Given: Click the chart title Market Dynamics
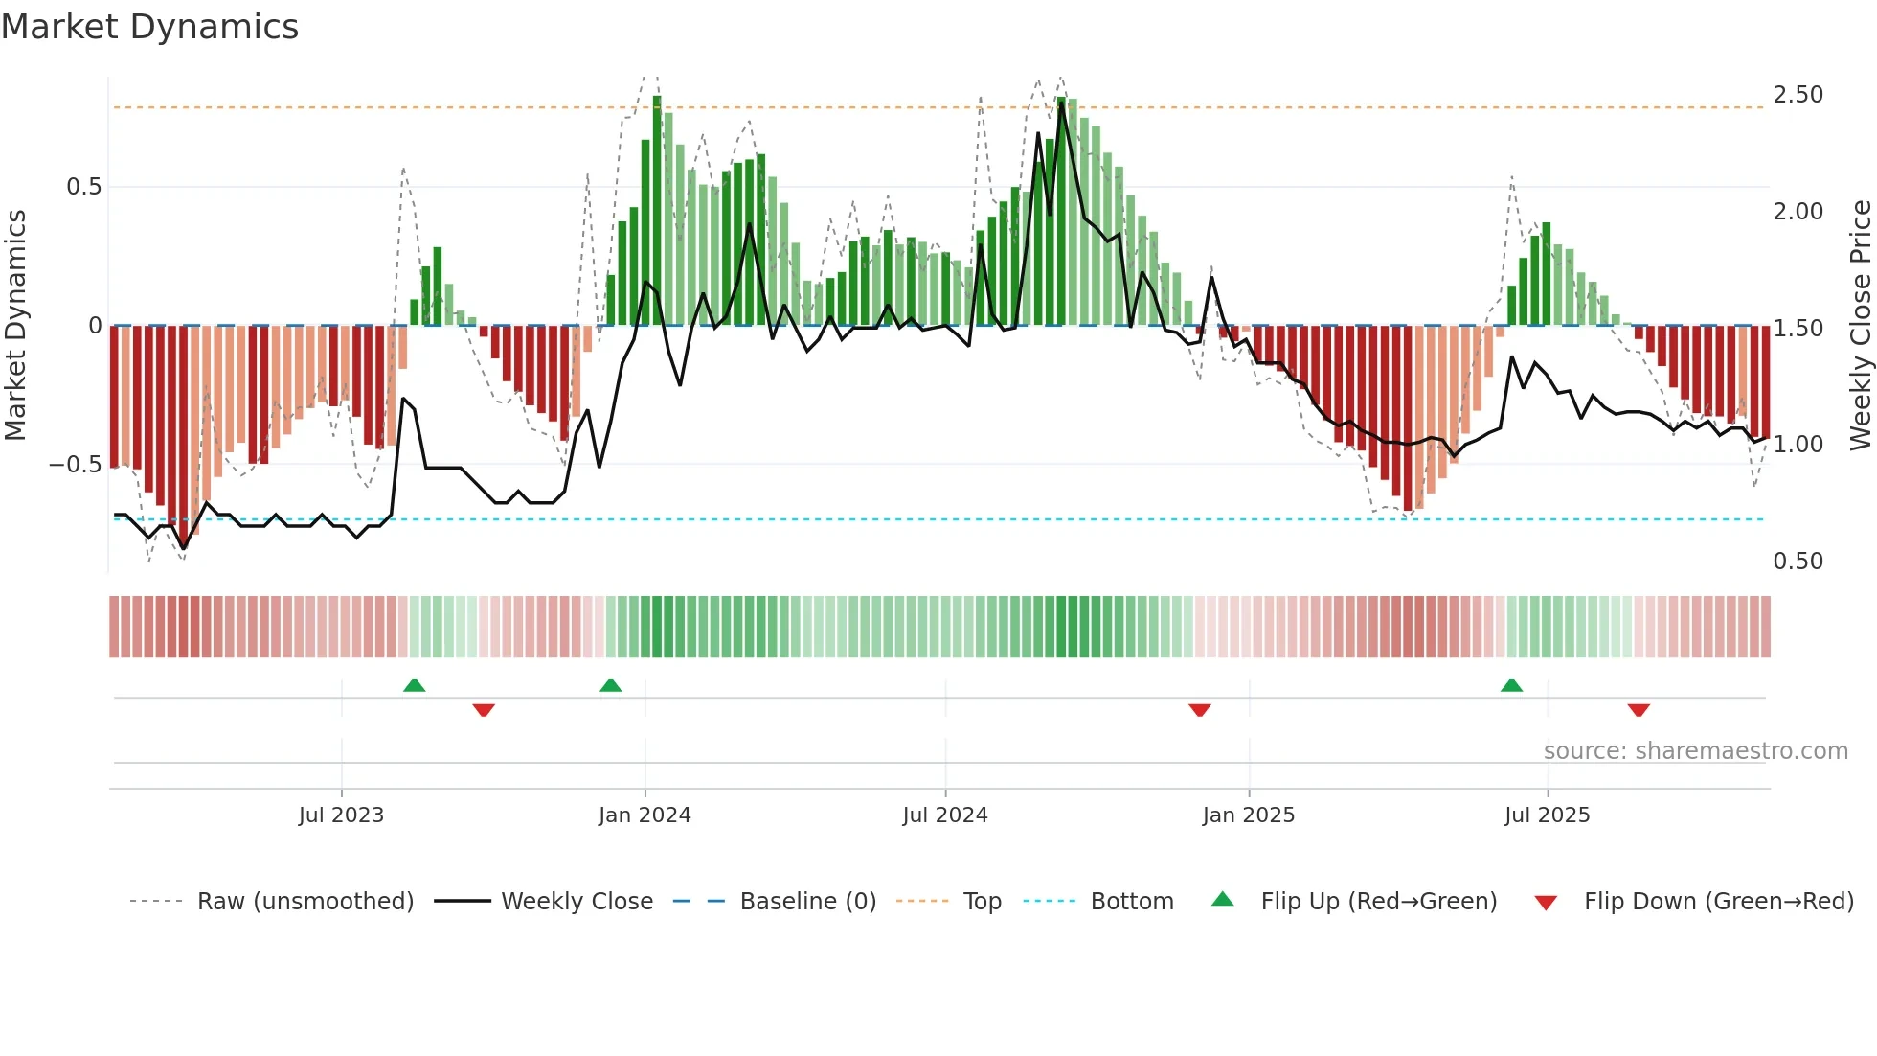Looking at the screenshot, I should point(149,27).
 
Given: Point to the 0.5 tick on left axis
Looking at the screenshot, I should point(83,187).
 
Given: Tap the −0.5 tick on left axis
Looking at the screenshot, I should point(76,465).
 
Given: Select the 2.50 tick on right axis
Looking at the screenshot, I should point(1798,95).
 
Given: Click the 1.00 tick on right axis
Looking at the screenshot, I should point(1798,445).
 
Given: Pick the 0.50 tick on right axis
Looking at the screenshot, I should point(1798,562).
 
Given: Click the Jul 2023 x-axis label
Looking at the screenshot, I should point(341,815).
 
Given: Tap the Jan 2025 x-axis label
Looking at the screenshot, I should point(1248,815).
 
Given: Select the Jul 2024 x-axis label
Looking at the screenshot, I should point(944,815).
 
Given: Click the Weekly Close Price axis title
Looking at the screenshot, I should point(1860,326).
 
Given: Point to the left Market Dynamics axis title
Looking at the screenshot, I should point(15,326).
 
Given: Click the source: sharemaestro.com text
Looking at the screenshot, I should point(1695,751).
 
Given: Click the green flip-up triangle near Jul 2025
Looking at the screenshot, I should point(1511,686).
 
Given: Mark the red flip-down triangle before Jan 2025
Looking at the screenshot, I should point(1200,710).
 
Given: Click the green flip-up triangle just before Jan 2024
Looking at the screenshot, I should point(610,686).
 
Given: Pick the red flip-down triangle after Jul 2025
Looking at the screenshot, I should point(1639,710).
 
